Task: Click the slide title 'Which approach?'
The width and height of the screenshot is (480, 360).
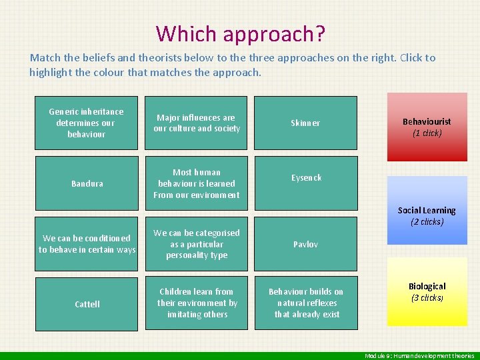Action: (x=240, y=33)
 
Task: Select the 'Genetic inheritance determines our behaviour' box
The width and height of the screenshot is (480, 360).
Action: (x=86, y=123)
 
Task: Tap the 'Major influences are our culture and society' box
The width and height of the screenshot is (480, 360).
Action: (x=197, y=123)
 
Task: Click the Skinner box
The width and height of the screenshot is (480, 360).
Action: (x=306, y=123)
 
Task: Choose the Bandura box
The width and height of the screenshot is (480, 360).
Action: (x=86, y=183)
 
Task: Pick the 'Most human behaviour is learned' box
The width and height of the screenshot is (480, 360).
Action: (x=197, y=183)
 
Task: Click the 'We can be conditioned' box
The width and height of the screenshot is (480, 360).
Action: (x=86, y=243)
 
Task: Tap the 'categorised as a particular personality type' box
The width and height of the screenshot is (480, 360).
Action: (x=197, y=243)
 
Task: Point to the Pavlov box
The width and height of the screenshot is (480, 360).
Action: (x=306, y=243)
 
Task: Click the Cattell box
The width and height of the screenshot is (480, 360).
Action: (x=86, y=303)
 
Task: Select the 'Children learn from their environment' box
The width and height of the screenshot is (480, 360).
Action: (x=197, y=303)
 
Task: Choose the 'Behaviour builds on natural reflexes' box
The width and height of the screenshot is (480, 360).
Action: (x=306, y=303)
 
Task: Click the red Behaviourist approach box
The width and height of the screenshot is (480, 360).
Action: (x=427, y=127)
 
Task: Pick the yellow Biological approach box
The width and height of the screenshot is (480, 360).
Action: (x=427, y=292)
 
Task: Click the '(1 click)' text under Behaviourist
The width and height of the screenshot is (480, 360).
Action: (x=427, y=133)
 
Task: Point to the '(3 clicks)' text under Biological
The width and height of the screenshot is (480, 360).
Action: (x=427, y=298)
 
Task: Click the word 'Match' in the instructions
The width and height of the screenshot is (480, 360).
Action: (x=45, y=58)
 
